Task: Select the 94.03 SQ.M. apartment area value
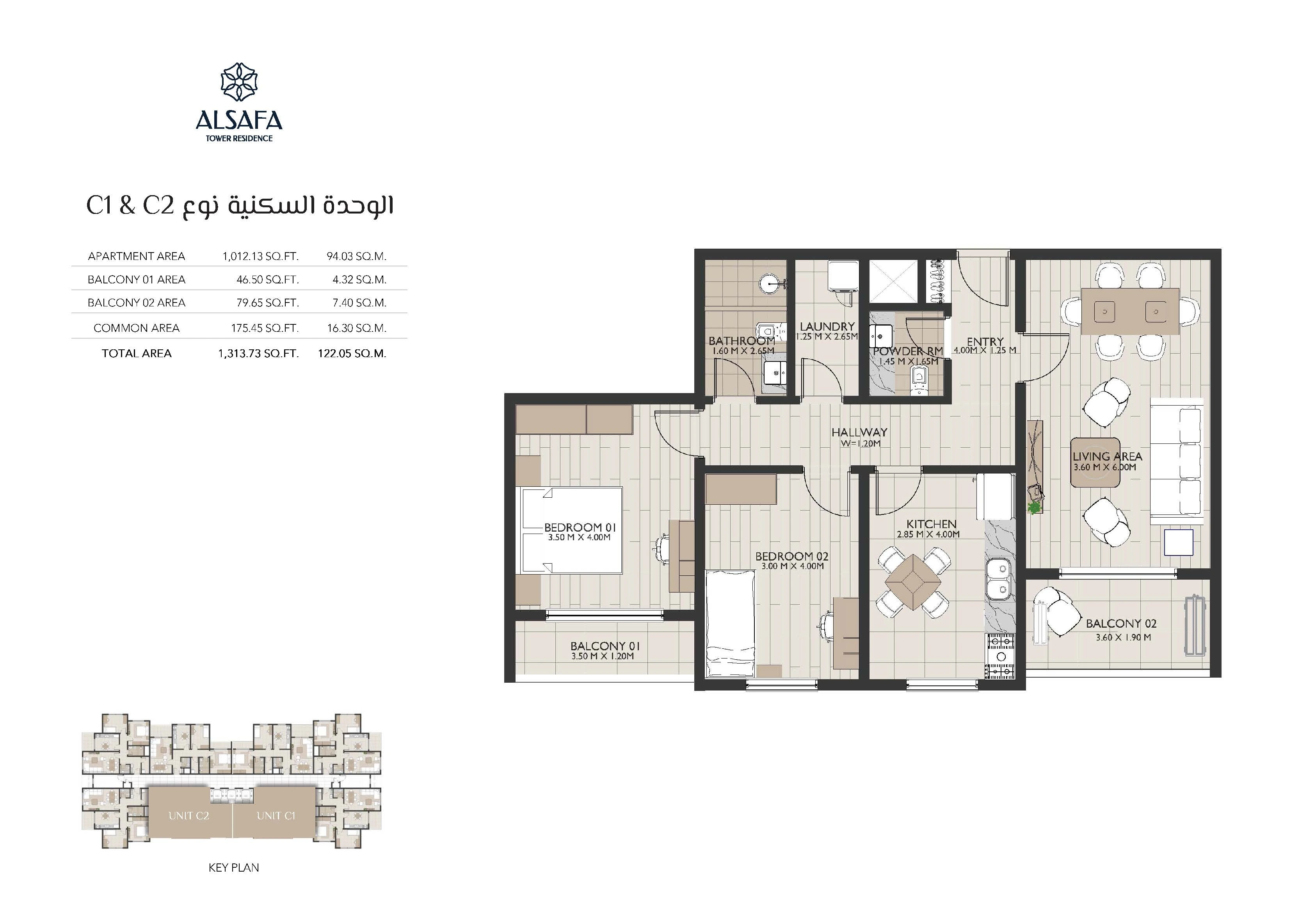356,256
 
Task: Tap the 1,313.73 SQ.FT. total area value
258,354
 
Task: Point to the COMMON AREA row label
137,328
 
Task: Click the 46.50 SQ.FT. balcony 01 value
268,279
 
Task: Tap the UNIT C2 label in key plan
189,816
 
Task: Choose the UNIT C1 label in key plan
276,816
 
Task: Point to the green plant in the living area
1033,508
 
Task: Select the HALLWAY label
859,432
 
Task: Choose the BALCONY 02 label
1120,624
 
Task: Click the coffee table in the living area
1095,463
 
